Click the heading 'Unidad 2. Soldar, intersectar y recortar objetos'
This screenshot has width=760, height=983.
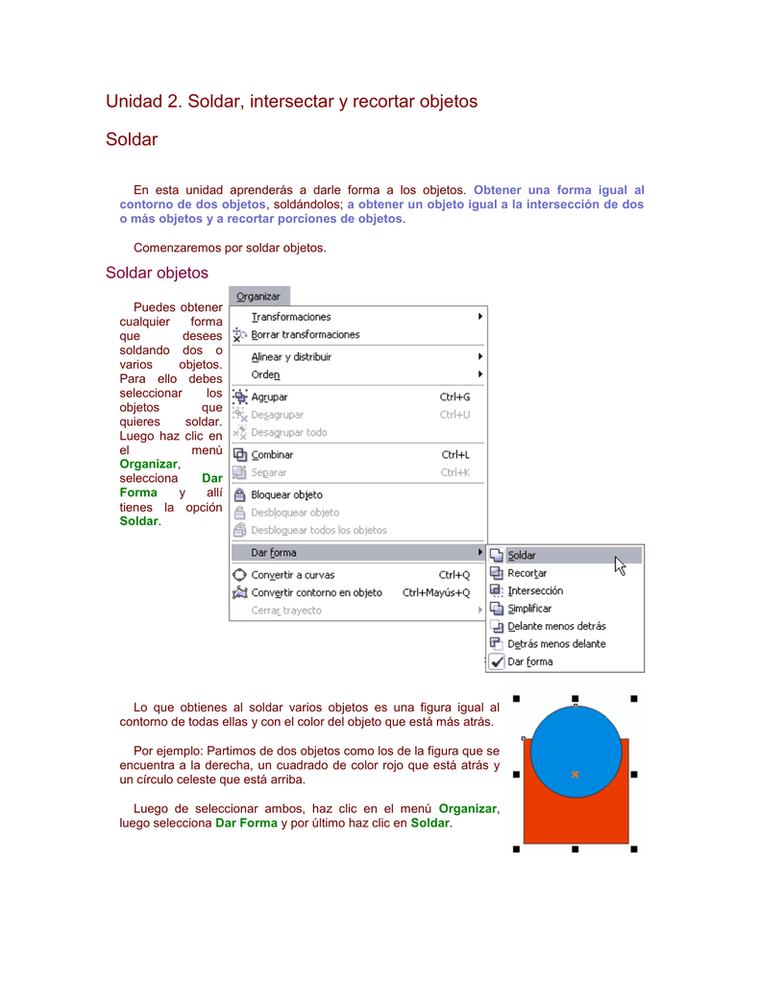tap(291, 101)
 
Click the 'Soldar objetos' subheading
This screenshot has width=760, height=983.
tap(157, 273)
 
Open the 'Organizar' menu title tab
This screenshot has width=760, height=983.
tap(258, 297)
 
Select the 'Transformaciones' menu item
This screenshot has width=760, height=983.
tap(291, 317)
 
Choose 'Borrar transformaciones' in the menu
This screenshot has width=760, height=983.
tap(305, 335)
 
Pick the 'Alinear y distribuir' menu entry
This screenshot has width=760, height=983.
tap(291, 357)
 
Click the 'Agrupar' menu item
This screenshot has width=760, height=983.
tap(269, 396)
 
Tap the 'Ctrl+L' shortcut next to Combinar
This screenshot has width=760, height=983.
tap(455, 455)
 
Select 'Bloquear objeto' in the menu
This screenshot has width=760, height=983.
tap(286, 495)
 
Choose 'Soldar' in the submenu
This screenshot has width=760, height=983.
tap(522, 555)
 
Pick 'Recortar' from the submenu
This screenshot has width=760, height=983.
tap(527, 573)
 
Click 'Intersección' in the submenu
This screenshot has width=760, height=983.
tap(535, 591)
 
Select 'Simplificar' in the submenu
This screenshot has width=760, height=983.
tap(529, 609)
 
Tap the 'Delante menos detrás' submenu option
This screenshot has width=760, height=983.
tap(556, 627)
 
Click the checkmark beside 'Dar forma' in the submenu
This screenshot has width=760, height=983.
tap(497, 661)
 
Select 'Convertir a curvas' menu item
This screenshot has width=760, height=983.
tap(292, 575)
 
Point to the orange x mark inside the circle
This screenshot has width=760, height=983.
tap(575, 774)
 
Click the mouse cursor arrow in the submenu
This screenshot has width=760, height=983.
tap(620, 566)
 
